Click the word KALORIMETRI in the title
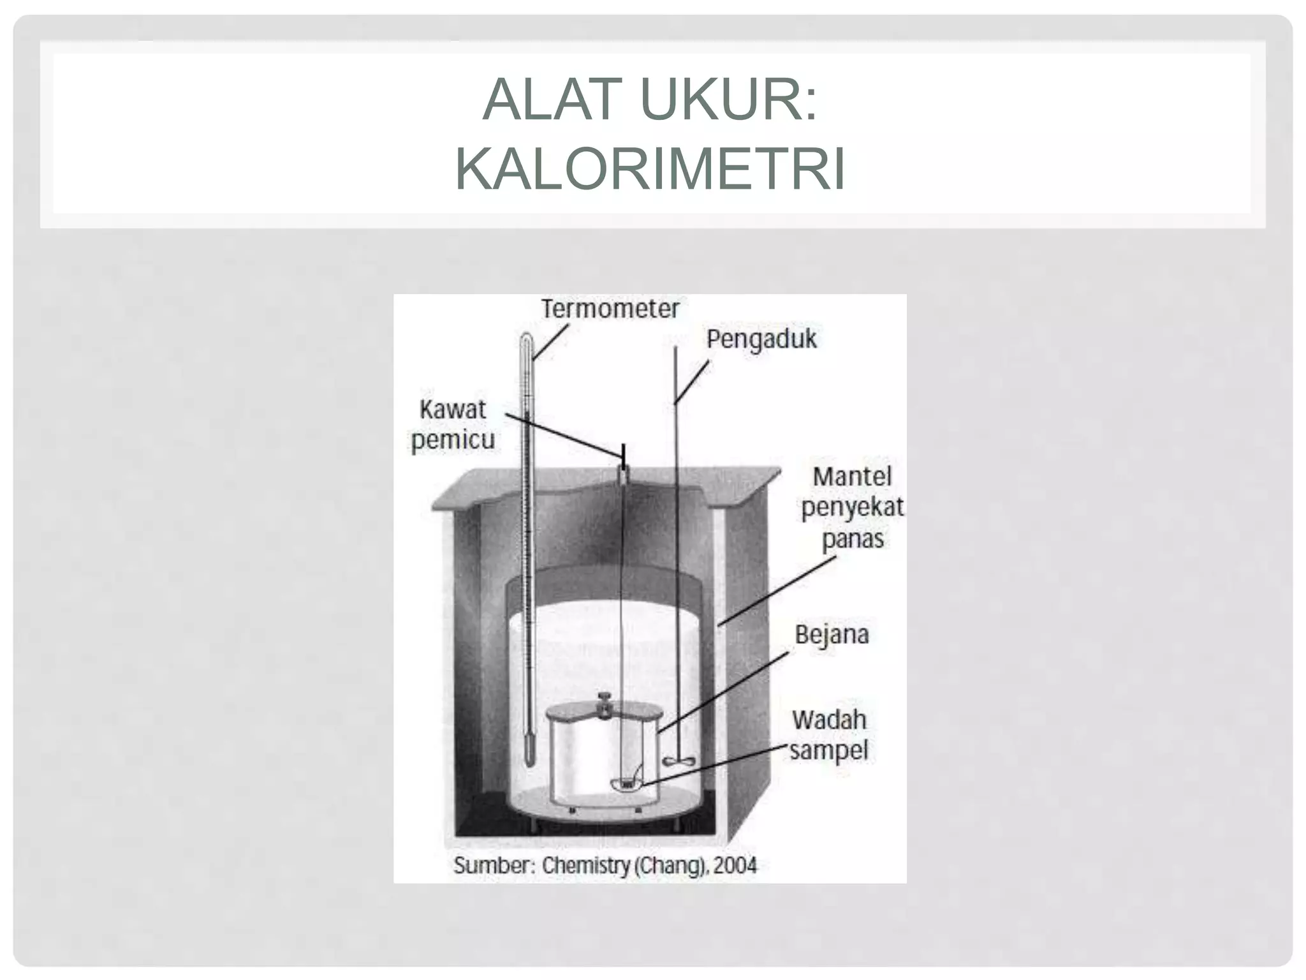tap(650, 170)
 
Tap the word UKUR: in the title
tap(729, 100)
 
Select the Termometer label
tap(610, 309)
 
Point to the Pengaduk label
tap(761, 339)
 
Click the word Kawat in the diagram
tap(453, 409)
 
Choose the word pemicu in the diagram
tap(453, 440)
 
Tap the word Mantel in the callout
tap(852, 477)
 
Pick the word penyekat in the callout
tap(852, 508)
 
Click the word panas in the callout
tap(852, 539)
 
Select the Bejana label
tap(832, 635)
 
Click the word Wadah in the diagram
tap(829, 720)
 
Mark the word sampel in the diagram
tap(829, 751)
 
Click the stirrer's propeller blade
tap(677, 761)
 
